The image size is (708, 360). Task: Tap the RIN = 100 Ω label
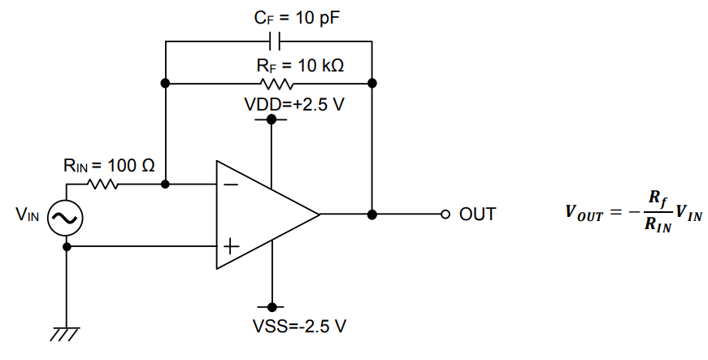click(x=109, y=166)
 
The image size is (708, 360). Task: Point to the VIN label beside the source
click(x=27, y=216)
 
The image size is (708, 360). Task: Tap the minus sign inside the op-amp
click(x=231, y=184)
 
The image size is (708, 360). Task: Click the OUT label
click(x=477, y=215)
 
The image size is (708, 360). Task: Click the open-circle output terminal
click(x=445, y=215)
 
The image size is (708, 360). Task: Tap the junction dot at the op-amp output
click(x=372, y=215)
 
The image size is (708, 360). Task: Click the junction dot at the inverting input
click(x=166, y=184)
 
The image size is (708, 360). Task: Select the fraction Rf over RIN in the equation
click(x=655, y=213)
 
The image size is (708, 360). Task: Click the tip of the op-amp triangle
click(x=319, y=215)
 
